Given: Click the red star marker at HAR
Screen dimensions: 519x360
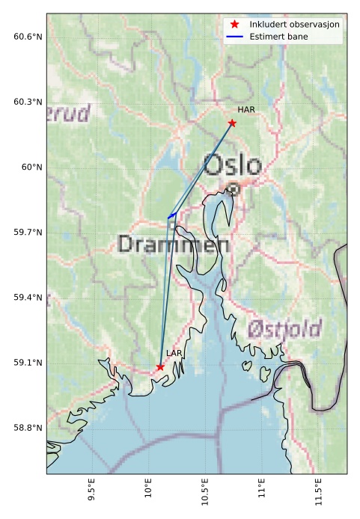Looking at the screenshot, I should pyautogui.click(x=232, y=123).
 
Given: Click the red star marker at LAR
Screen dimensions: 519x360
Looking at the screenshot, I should pyautogui.click(x=160, y=366).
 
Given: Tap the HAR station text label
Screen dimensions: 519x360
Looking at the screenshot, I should pyautogui.click(x=246, y=110).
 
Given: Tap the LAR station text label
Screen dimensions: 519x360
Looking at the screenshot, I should pyautogui.click(x=174, y=353).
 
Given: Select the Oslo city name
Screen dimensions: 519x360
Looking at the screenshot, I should pyautogui.click(x=233, y=165).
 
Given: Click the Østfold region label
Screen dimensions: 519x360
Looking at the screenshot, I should pyautogui.click(x=284, y=328).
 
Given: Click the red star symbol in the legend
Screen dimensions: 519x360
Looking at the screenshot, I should pyautogui.click(x=234, y=25).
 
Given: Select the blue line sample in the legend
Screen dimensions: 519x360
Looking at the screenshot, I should pyautogui.click(x=234, y=37).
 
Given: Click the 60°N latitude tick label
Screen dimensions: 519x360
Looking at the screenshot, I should pyautogui.click(x=31, y=167).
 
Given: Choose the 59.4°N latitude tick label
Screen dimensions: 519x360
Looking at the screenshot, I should pyautogui.click(x=28, y=298).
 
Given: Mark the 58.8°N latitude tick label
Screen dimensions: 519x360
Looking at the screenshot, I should pyautogui.click(x=28, y=428).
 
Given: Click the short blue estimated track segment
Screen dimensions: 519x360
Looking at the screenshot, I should pyautogui.click(x=172, y=215).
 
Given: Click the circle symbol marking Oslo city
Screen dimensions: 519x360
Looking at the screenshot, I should pyautogui.click(x=234, y=189).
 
